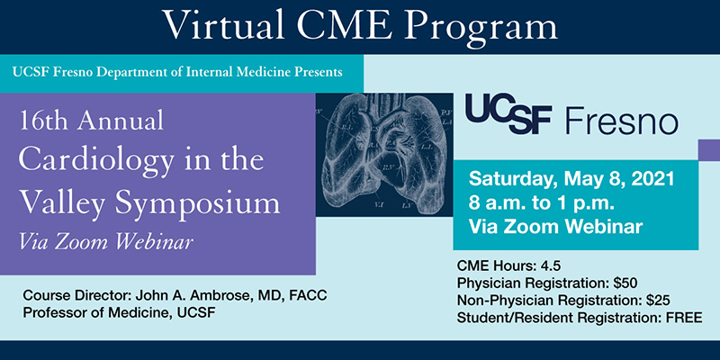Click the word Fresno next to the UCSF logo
pyautogui.click(x=622, y=117)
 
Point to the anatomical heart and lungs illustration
pyautogui.click(x=384, y=154)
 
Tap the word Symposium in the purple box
pyautogui.click(x=198, y=204)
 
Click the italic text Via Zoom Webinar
pyautogui.click(x=105, y=242)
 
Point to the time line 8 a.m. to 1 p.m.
pyautogui.click(x=542, y=203)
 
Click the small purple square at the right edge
pyautogui.click(x=709, y=150)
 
